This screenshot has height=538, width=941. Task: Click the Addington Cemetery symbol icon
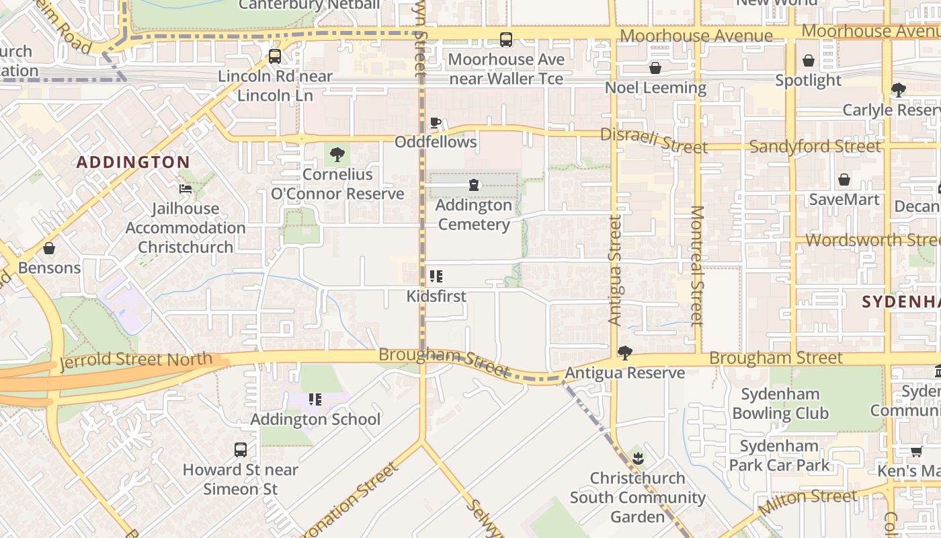[475, 185]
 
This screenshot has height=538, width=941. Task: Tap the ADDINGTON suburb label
[133, 162]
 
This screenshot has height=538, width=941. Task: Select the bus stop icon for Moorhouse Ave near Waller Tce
[506, 40]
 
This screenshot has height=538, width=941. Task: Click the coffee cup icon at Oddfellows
[436, 122]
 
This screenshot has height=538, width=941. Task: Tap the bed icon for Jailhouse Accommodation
[186, 189]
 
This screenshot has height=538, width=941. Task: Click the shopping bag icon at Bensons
[49, 248]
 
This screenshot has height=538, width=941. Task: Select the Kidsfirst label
[436, 296]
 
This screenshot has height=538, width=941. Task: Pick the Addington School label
[315, 420]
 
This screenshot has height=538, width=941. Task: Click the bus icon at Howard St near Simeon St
[241, 450]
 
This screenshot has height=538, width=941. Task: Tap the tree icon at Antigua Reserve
[625, 353]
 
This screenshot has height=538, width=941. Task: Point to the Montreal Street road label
[697, 266]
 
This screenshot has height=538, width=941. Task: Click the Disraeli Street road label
[653, 140]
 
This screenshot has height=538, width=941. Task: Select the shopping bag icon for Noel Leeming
[655, 68]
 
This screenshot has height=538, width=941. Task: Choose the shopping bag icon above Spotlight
[809, 61]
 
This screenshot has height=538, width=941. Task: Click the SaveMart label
[844, 200]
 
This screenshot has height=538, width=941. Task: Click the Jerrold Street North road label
[136, 361]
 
